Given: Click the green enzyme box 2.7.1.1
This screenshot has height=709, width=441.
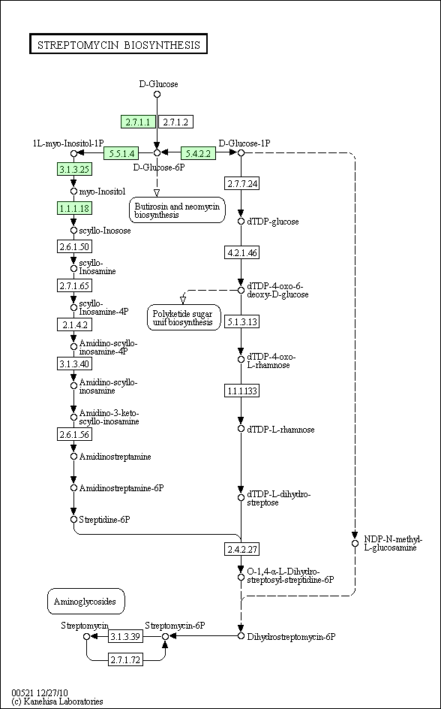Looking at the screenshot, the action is pos(138,122).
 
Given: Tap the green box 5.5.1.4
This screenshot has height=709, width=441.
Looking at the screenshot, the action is pos(121,153).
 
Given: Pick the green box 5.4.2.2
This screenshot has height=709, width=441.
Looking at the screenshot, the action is pos(198,153).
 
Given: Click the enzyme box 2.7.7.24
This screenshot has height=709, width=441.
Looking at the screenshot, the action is pos(242,183).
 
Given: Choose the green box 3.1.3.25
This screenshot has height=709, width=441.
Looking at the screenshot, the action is pos(74,169).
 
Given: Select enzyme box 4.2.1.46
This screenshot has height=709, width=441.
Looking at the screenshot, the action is pos(242,252).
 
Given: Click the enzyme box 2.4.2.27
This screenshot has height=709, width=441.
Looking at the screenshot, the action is pos(242,549).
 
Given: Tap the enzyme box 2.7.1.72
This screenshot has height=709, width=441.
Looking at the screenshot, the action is pos(125,659).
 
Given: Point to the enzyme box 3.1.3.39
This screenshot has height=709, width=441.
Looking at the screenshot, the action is pos(125,636).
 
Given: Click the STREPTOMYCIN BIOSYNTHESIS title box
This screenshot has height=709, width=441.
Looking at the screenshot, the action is pos(118,44).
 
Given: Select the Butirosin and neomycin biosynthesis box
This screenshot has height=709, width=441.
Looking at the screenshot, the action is pos(177,210).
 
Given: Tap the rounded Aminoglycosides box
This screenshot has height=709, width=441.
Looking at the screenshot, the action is pos(85,602).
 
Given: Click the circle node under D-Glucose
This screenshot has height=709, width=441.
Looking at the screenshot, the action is pos(157,94).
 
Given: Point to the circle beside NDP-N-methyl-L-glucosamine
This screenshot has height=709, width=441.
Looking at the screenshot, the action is pos(355,542).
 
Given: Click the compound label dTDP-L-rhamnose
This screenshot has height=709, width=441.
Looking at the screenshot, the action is pos(280,429).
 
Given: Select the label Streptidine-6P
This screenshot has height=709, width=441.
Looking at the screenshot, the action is pos(105,519).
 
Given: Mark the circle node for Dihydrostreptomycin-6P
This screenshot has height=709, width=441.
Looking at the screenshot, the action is pos(241,636).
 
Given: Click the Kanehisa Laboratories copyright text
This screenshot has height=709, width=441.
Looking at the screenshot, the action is pos(57,701).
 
